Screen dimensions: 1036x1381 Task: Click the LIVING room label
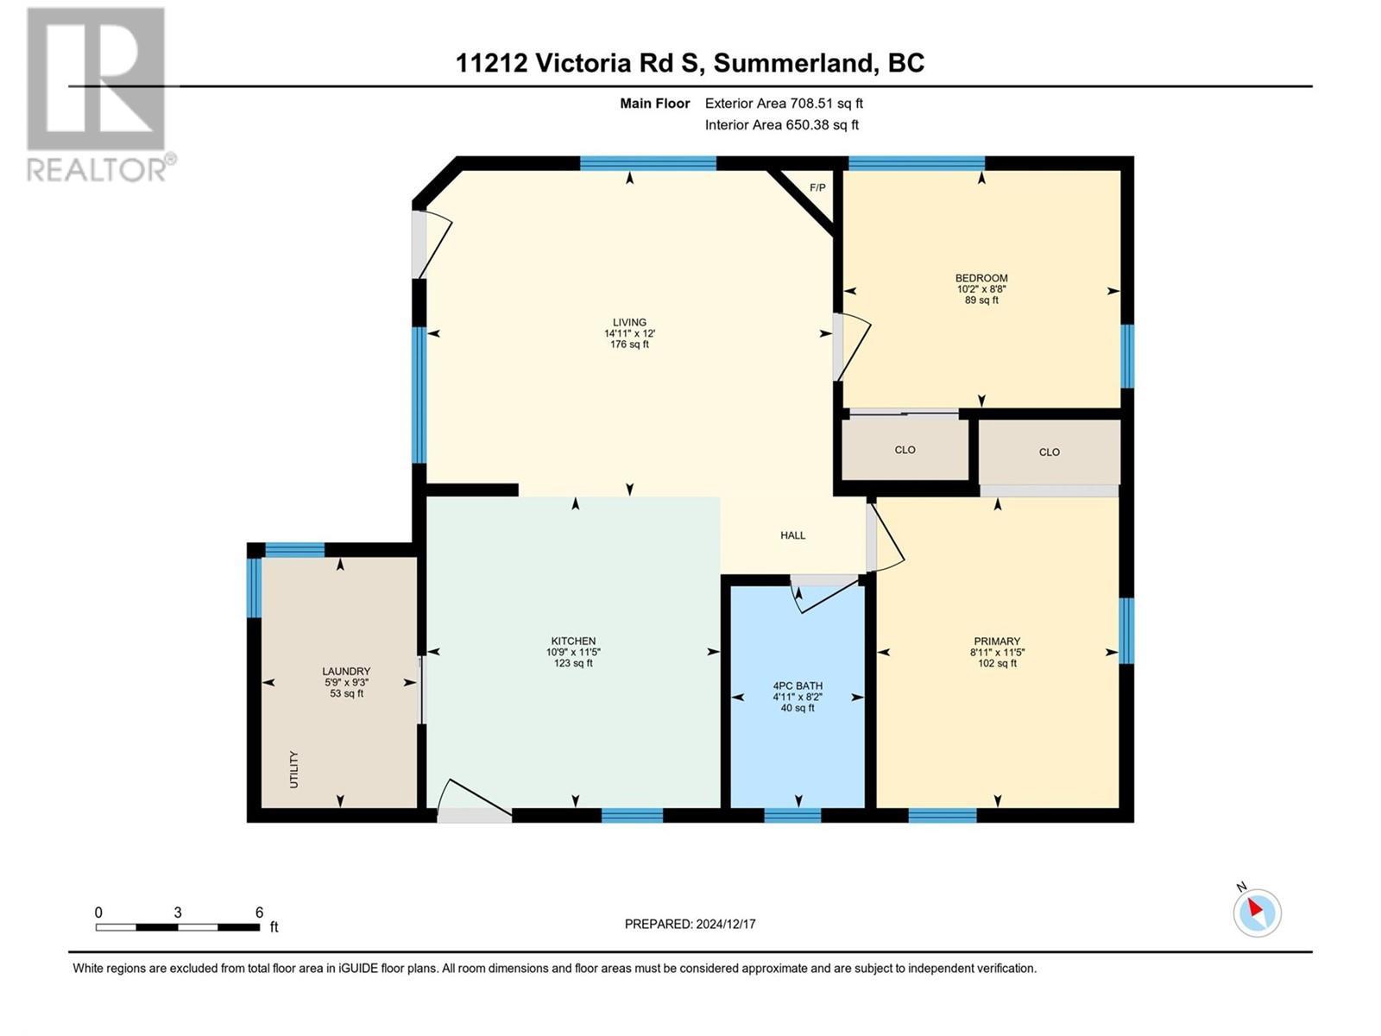coord(629,323)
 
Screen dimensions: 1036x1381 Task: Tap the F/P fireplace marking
coord(817,187)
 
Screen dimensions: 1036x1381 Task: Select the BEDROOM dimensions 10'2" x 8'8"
coord(981,289)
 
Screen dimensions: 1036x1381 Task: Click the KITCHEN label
coord(573,641)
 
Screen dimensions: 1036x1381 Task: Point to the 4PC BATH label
coord(798,686)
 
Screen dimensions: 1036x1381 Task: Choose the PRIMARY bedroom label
coord(997,641)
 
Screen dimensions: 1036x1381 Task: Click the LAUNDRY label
coord(346,672)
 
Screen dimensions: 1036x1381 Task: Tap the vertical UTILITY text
coord(293,769)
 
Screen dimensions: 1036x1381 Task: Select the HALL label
coord(792,535)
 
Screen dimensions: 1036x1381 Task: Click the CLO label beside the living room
coord(905,450)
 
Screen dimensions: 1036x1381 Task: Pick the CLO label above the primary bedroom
coord(1049,452)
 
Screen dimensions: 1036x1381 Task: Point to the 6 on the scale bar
coord(259,913)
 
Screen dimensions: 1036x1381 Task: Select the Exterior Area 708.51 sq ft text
coord(784,104)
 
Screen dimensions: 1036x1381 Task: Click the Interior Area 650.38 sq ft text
coord(781,125)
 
